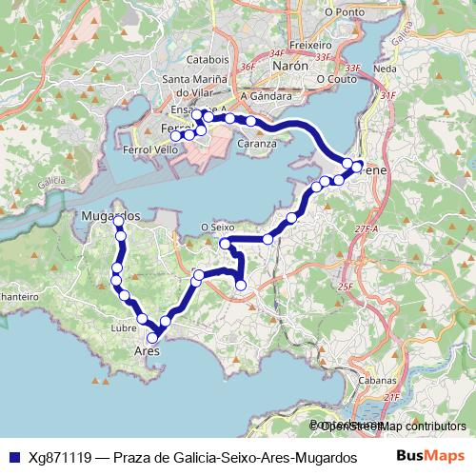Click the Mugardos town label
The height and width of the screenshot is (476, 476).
point(111,216)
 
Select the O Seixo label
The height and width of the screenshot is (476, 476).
point(218,227)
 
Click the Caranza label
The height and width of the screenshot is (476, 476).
point(258,144)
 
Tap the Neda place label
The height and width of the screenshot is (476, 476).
point(386,69)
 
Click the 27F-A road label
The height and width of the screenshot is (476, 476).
point(367,229)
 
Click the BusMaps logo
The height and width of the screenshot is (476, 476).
point(429,456)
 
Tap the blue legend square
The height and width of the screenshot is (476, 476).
point(13,457)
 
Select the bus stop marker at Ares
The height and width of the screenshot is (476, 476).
point(152,337)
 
